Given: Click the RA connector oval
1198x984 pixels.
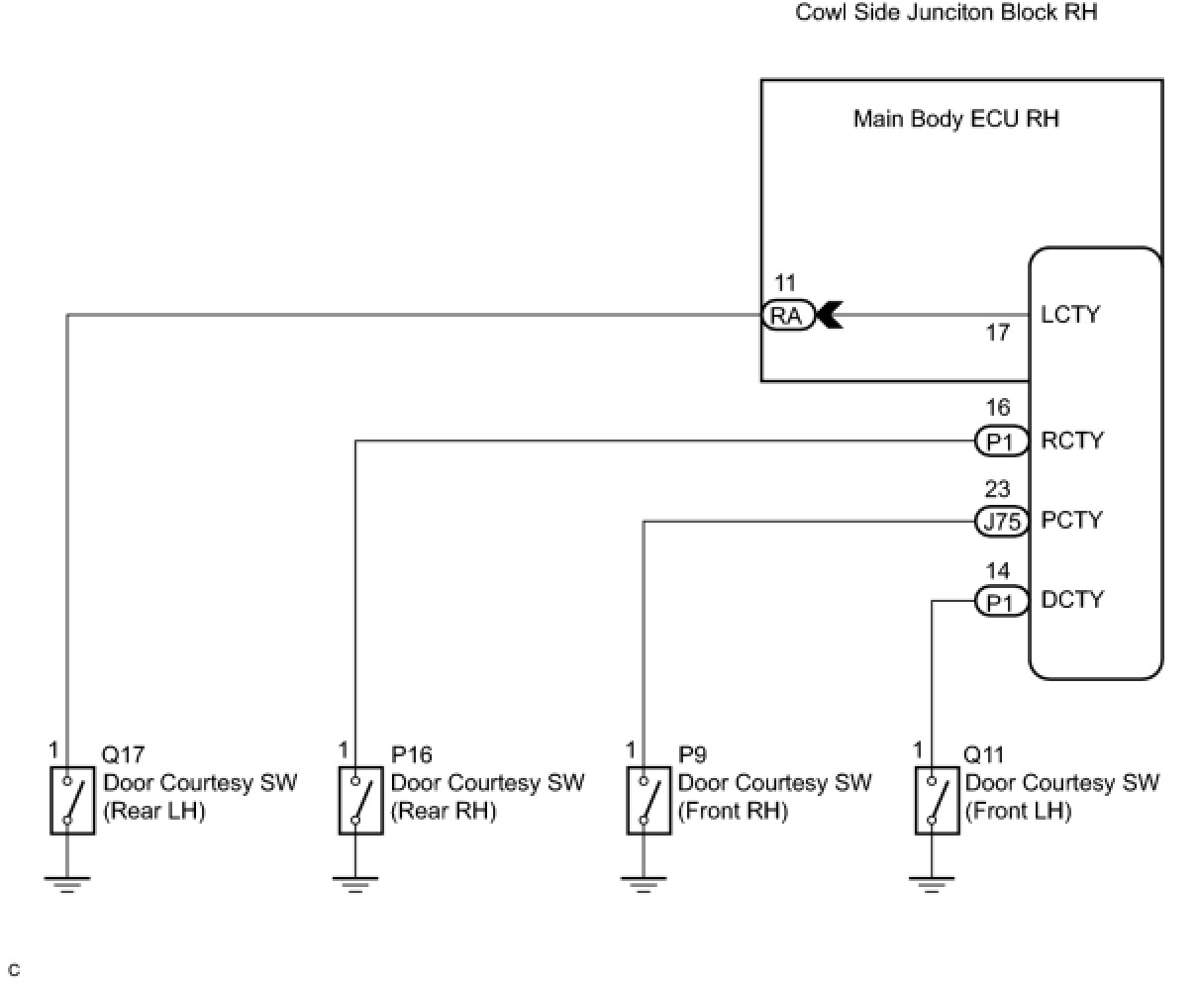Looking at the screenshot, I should (788, 315).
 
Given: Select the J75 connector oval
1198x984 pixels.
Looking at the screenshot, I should (1002, 521).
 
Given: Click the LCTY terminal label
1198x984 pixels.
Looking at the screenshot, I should (1070, 315).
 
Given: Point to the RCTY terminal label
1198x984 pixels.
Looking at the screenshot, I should (1071, 441).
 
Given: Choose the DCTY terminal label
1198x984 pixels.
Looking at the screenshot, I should (1071, 600).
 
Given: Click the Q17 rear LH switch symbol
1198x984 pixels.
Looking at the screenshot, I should (71, 800).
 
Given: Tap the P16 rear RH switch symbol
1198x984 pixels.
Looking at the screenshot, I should (360, 800).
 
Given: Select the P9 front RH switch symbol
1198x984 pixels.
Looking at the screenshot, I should (649, 800).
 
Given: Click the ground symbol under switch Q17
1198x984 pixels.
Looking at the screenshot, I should (66, 883).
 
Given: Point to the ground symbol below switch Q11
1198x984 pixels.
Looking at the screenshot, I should (931, 883).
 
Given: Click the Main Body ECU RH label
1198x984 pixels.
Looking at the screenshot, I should (955, 119).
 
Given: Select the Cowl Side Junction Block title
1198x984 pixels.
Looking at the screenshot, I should (946, 13).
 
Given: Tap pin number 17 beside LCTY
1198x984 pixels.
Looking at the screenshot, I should (997, 334).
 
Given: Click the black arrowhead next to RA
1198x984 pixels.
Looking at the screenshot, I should (829, 315).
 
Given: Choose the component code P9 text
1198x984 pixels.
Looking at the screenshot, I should (692, 755).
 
